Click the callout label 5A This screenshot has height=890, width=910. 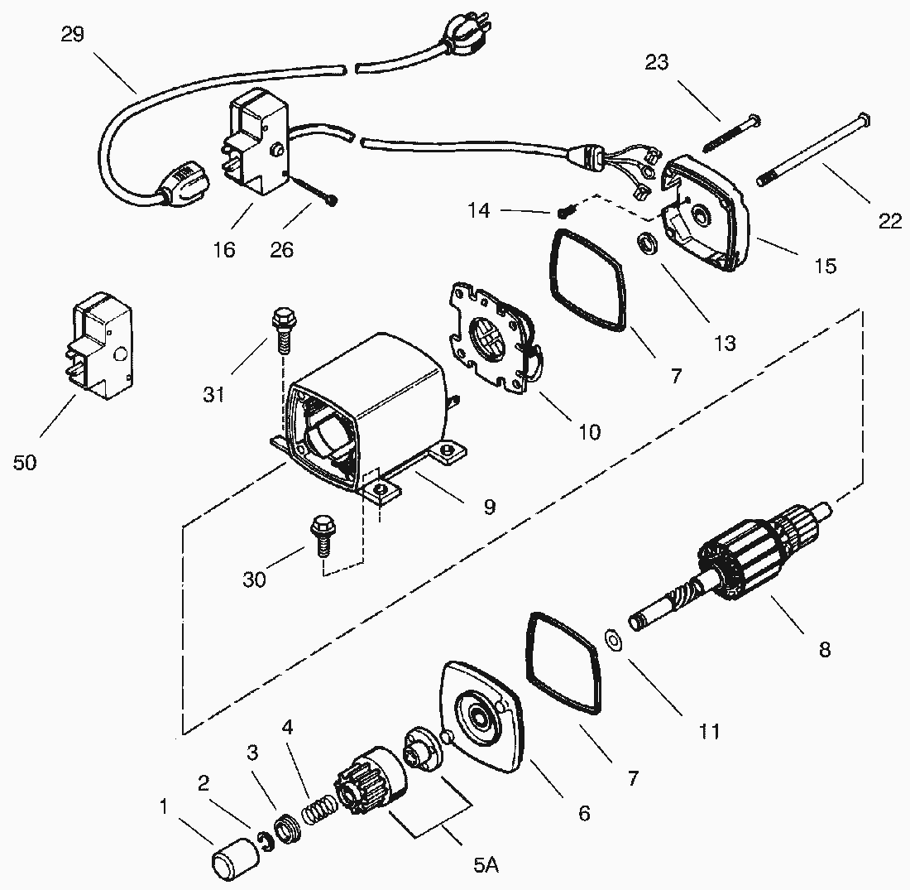coord(486,865)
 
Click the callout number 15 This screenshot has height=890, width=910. coord(825,266)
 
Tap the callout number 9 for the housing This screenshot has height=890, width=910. coord(490,507)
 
